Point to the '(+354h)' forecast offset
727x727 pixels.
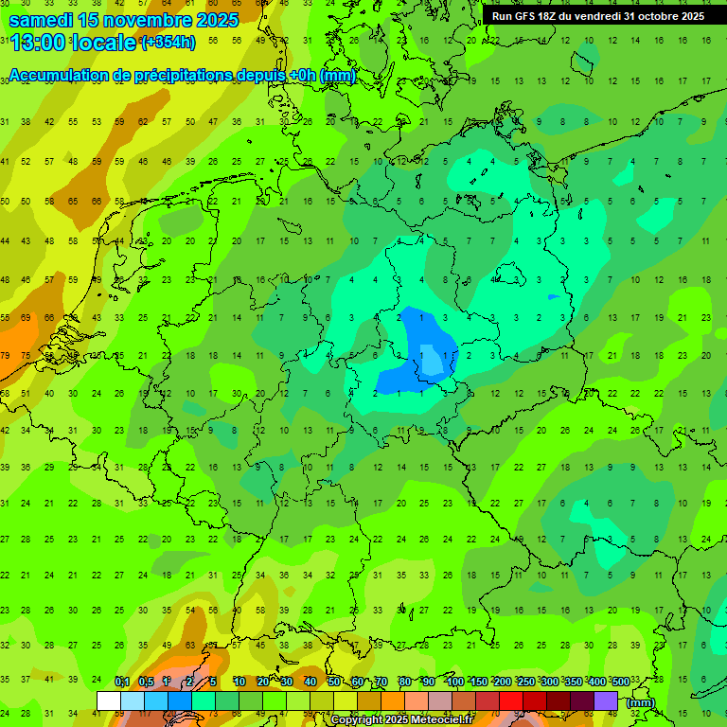pyautogui.click(x=168, y=43)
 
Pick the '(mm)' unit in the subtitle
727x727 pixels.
pyautogui.click(x=337, y=76)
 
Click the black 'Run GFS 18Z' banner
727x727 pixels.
pyautogui.click(x=597, y=16)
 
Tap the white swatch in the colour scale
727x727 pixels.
pyautogui.click(x=109, y=700)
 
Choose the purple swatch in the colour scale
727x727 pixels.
pyautogui.click(x=606, y=700)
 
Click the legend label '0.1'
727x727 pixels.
pyautogui.click(x=122, y=682)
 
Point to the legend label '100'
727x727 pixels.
pyautogui.click(x=454, y=682)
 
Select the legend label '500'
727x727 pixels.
pyautogui.click(x=620, y=682)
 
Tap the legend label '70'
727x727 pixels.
pyautogui.click(x=381, y=682)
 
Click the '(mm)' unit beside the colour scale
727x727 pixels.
pyautogui.click(x=641, y=702)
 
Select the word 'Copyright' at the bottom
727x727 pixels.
pyautogui.click(x=358, y=720)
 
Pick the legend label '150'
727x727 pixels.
pyautogui.click(x=478, y=682)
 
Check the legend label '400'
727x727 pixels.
pyautogui.click(x=596, y=682)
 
